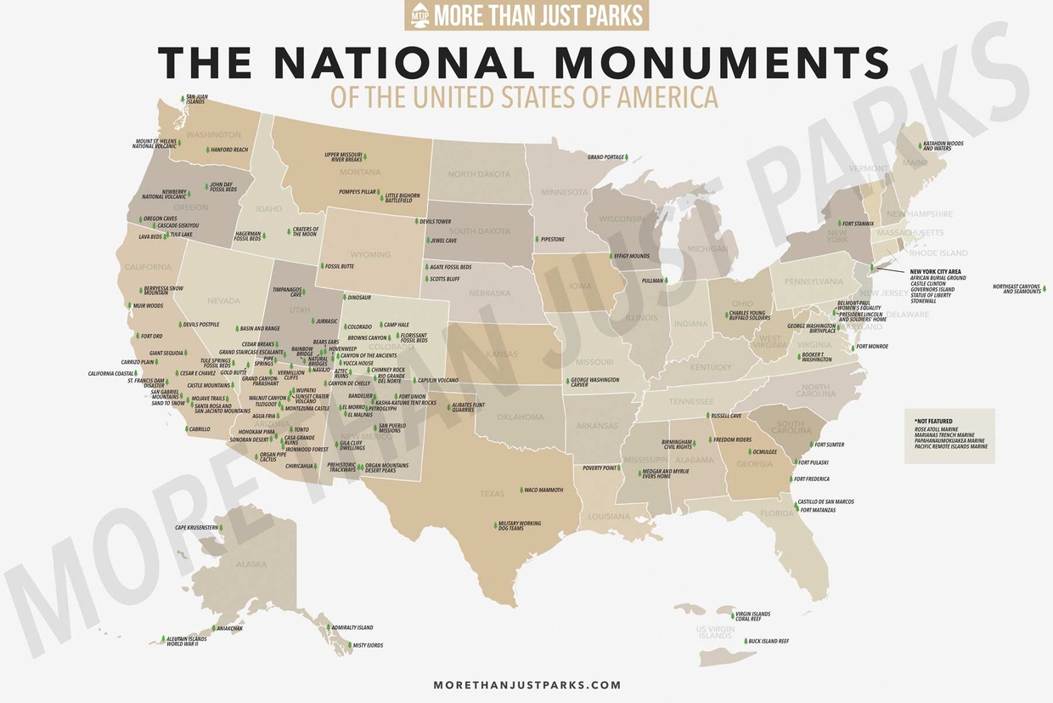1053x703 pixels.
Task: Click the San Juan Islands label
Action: (x=195, y=99)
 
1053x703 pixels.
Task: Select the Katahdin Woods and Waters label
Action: (x=943, y=145)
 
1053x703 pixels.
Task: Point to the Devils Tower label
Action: (x=435, y=221)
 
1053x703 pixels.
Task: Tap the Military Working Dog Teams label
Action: (x=520, y=526)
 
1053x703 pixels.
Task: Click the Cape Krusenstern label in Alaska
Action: (x=196, y=528)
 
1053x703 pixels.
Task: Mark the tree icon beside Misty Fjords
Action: (x=349, y=646)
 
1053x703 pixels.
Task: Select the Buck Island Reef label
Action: (x=769, y=641)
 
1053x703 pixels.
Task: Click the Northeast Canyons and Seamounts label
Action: (x=1016, y=289)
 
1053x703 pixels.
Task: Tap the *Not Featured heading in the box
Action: (x=933, y=421)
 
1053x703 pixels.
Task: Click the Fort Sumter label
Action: (x=829, y=445)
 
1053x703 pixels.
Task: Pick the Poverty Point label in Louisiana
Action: (x=600, y=468)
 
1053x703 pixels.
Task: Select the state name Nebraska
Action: (x=490, y=293)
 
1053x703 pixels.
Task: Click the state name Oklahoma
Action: (x=521, y=417)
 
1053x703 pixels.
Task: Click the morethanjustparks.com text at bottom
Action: (x=526, y=684)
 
